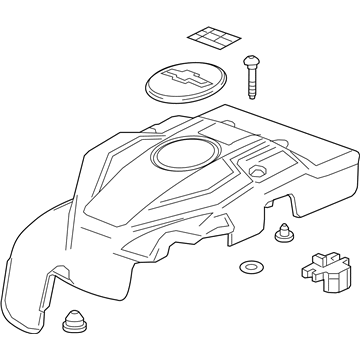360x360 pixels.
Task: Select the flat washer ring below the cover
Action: (x=248, y=269)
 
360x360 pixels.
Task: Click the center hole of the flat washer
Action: (x=248, y=269)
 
